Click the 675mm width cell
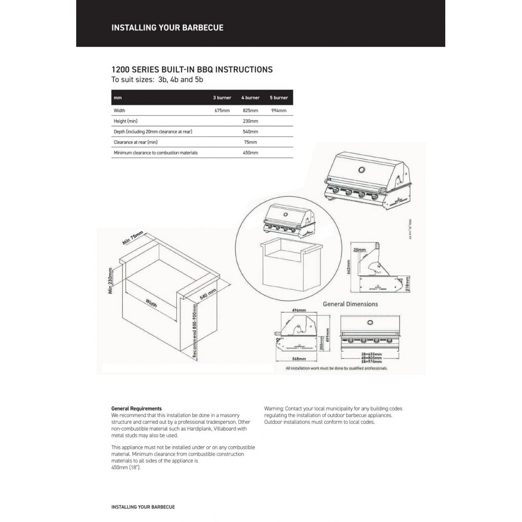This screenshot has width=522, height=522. pyautogui.click(x=222, y=111)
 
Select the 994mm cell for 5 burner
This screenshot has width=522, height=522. pyautogui.click(x=279, y=111)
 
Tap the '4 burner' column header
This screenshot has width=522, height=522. pyautogui.click(x=250, y=98)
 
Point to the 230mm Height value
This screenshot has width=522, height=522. pyautogui.click(x=250, y=121)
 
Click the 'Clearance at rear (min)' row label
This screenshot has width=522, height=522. pyautogui.click(x=135, y=142)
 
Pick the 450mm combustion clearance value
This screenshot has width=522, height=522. pyautogui.click(x=250, y=152)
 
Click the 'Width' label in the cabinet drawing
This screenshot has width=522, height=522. pyautogui.click(x=151, y=303)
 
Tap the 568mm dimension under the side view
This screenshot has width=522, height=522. pyautogui.click(x=299, y=358)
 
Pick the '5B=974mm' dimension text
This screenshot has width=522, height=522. pyautogui.click(x=371, y=361)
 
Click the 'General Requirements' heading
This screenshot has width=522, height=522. pyautogui.click(x=136, y=408)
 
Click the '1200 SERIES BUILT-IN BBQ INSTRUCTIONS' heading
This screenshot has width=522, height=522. pyautogui.click(x=192, y=69)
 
